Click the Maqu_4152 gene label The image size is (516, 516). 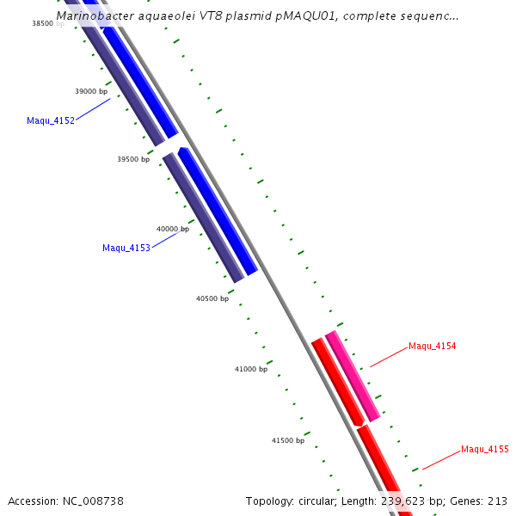coord(51,120)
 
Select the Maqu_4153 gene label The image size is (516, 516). coord(126,248)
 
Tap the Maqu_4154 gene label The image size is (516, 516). coord(432,346)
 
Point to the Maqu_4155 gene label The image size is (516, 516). coord(485,449)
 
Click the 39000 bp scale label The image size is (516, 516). coord(91,91)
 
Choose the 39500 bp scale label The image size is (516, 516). coord(133,159)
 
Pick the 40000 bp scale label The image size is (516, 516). coord(173,229)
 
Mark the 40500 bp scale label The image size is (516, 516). coord(212,298)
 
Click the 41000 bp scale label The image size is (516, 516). coord(251,369)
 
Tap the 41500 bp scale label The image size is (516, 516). coord(288,440)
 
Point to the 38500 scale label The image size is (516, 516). coord(43,24)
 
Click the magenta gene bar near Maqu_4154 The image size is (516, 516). coord(353,376)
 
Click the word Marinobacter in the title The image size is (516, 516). coord(95,15)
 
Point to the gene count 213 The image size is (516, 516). coord(497,501)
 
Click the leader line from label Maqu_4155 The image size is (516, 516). coord(441,459)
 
